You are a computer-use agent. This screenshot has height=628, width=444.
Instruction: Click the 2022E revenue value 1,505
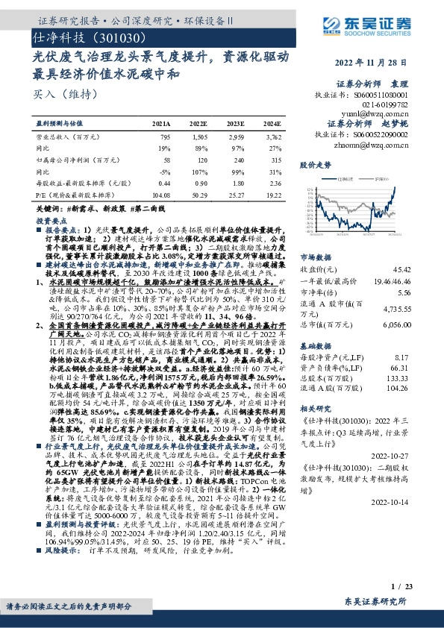[201, 137]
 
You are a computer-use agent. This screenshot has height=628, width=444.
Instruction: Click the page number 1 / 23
[419, 588]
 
